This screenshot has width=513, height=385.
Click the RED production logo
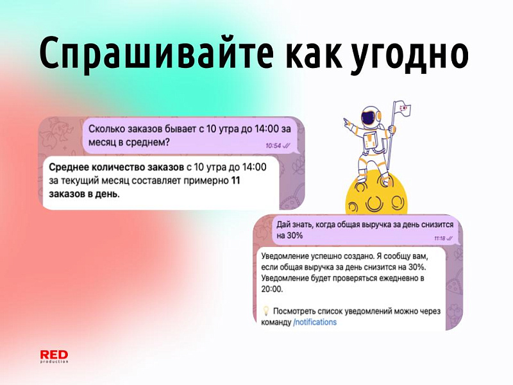(54, 357)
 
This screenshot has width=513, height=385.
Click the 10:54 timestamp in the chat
(273, 146)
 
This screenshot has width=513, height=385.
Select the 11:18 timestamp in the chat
(439, 238)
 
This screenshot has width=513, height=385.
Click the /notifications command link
(315, 322)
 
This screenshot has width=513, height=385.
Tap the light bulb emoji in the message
(267, 311)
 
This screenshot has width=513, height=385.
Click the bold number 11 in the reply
(235, 182)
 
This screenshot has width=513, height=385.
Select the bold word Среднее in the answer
(69, 167)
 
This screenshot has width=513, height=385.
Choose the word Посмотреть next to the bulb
(299, 311)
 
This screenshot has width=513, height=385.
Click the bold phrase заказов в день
(84, 194)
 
